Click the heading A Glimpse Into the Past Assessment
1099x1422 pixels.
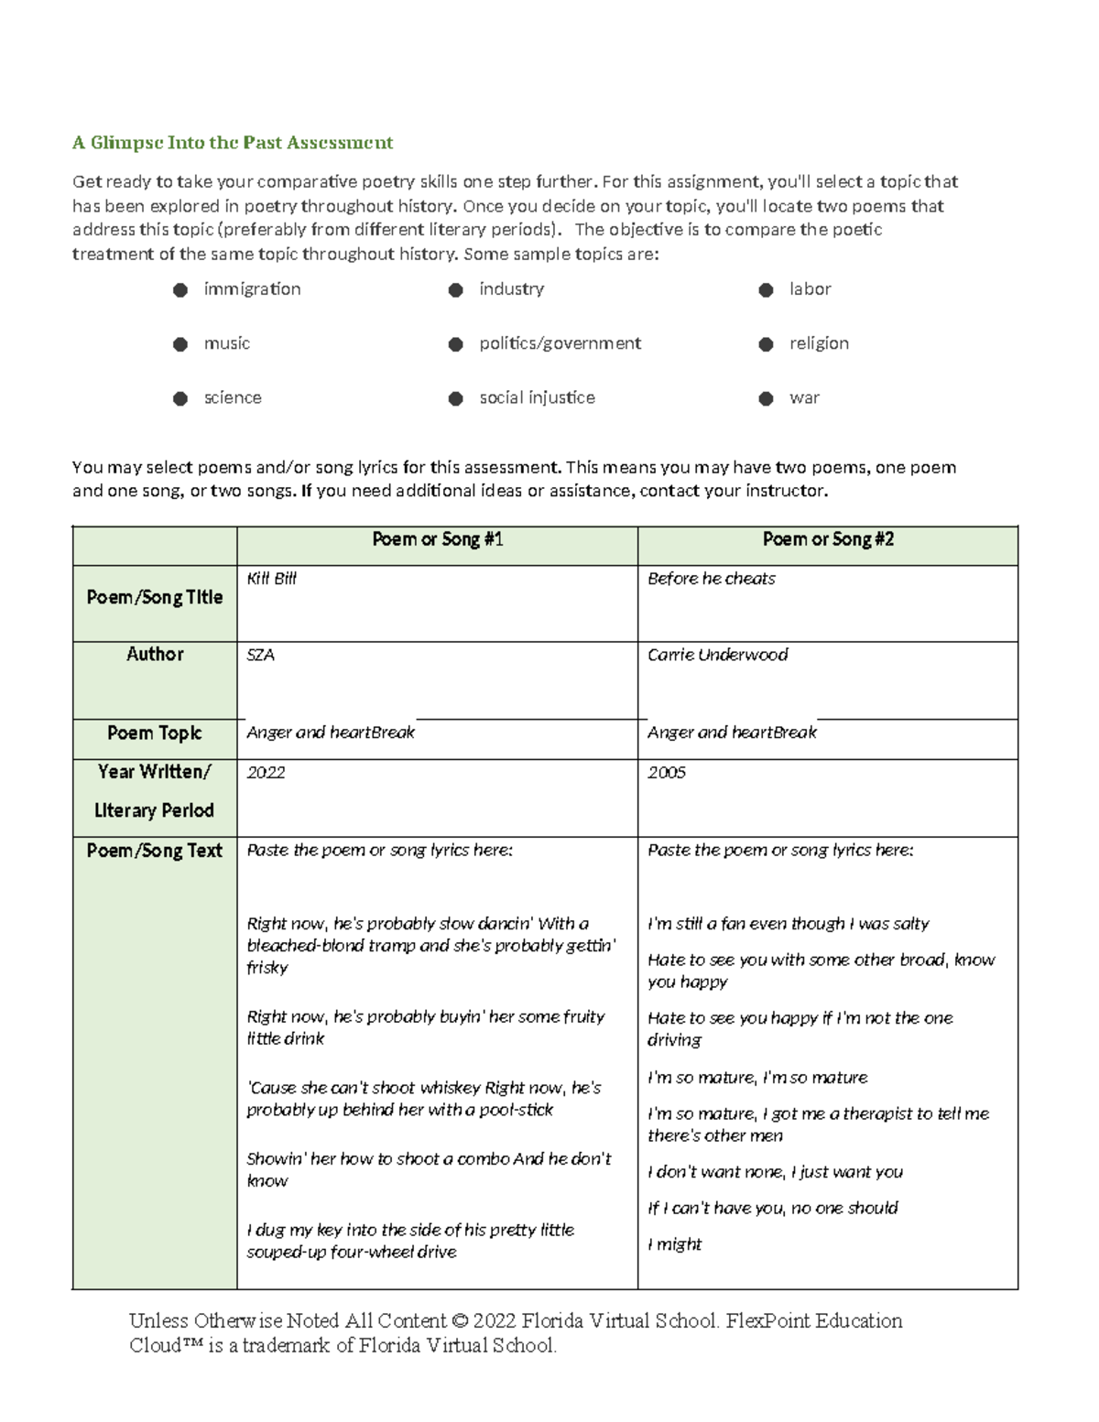pos(233,143)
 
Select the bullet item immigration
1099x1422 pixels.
pos(252,289)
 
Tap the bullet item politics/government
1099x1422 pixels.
pos(560,343)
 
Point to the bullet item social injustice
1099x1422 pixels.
pos(537,397)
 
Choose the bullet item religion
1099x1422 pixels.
pos(819,343)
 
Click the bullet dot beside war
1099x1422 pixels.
pos(767,398)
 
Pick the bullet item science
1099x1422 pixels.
pos(233,397)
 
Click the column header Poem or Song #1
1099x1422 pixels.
pos(437,539)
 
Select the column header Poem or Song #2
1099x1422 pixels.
pos(828,539)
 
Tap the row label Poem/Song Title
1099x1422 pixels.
pos(155,597)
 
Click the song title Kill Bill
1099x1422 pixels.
pos(272,579)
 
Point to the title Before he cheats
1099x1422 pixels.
pos(711,579)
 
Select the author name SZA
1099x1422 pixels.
pos(261,655)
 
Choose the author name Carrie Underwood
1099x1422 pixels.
pos(717,655)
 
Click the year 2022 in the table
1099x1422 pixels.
pos(267,773)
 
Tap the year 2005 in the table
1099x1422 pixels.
pos(667,773)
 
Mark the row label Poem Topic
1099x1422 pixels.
pos(155,733)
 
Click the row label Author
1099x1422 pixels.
pos(155,654)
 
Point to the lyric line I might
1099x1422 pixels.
pos(674,1244)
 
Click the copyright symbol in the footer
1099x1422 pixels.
pos(460,1321)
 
